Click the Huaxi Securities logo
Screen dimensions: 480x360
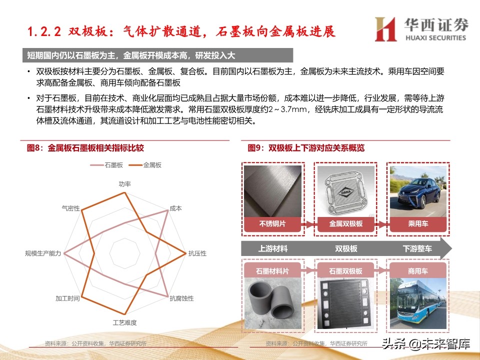point(421,29)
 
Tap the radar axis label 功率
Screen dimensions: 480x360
point(125,184)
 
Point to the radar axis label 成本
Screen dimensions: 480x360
point(175,208)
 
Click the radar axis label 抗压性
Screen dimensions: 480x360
point(197,253)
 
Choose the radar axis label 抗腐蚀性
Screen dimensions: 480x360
point(182,298)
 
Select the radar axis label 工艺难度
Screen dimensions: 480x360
point(125,322)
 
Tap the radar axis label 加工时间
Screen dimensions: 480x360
point(67,298)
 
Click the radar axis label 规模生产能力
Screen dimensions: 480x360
point(43,253)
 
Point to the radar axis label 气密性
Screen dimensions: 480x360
point(70,208)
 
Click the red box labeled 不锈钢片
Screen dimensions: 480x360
point(272,224)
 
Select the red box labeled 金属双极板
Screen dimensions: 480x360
point(346,224)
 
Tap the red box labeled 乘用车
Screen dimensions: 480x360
point(418,224)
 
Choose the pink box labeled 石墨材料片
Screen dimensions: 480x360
point(272,271)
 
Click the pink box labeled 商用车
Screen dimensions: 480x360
point(418,271)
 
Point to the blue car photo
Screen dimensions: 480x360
point(418,191)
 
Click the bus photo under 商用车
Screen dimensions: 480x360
point(418,303)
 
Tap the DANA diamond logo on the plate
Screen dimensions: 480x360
point(346,192)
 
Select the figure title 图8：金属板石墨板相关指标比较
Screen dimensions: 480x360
point(85,148)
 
